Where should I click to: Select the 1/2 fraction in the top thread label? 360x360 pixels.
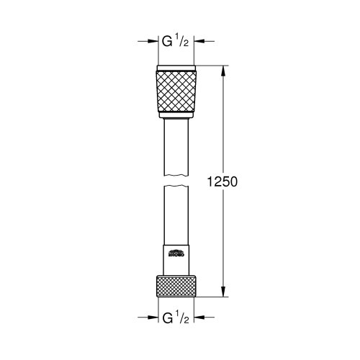click(x=184, y=41)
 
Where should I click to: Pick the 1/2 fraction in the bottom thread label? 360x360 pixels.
click(x=184, y=316)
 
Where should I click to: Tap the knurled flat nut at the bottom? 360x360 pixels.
click(x=177, y=285)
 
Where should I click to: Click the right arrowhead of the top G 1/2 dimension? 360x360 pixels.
click(x=201, y=41)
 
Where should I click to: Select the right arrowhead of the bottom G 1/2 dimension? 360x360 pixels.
click(x=201, y=316)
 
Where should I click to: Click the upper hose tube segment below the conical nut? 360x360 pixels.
click(x=177, y=144)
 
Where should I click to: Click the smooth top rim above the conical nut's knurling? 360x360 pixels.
click(x=177, y=70)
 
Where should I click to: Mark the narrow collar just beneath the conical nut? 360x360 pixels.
click(x=177, y=115)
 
